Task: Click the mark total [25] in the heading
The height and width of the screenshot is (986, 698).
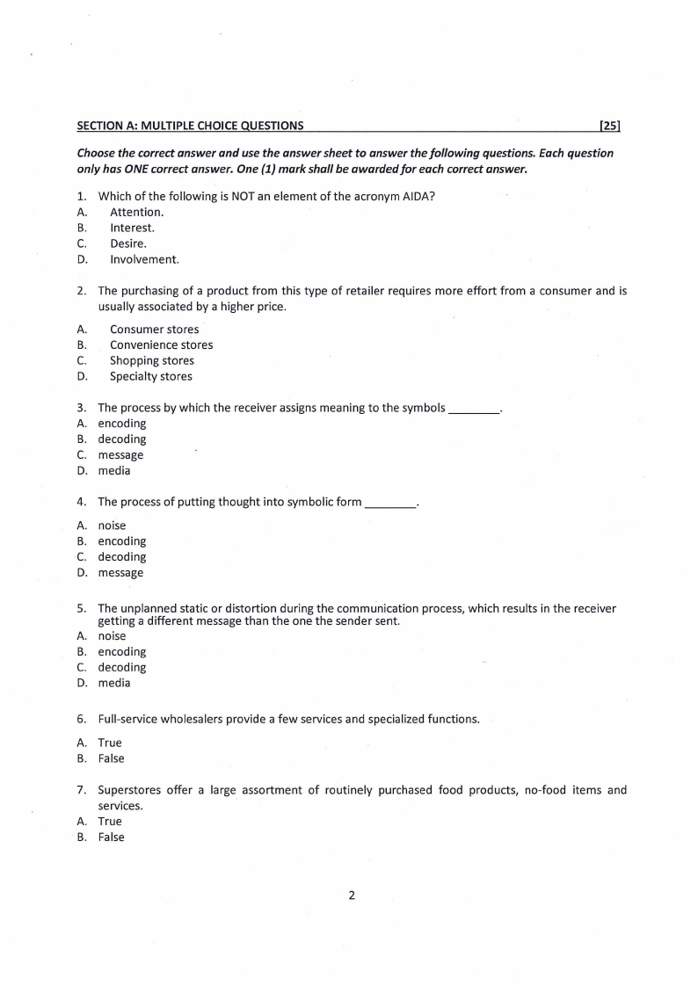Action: tap(610, 126)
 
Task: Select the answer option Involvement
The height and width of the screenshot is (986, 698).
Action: tap(144, 259)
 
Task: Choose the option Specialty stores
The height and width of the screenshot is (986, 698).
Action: tap(150, 376)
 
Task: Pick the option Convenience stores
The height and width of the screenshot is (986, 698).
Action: tap(161, 344)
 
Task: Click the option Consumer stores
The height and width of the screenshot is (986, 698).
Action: tap(154, 330)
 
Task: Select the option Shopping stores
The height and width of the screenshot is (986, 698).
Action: tap(151, 360)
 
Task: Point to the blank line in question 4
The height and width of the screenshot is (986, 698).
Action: tap(389, 504)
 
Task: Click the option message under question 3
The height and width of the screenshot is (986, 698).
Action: tap(120, 455)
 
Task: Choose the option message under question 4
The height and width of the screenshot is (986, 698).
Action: tap(120, 573)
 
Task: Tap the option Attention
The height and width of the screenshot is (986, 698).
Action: tap(136, 212)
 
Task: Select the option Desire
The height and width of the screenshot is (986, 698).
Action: tap(128, 243)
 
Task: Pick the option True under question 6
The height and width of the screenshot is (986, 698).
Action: tap(110, 743)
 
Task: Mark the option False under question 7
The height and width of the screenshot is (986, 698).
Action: tap(111, 837)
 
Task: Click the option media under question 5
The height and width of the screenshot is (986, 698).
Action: tap(113, 683)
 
